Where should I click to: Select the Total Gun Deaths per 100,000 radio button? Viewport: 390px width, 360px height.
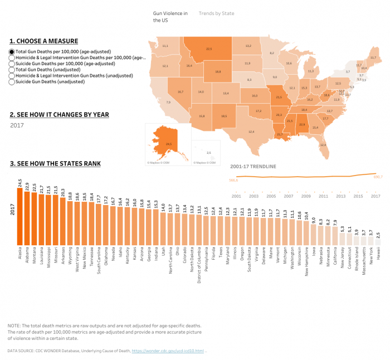pyautogui.click(x=12, y=51)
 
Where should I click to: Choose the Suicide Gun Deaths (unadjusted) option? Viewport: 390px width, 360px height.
pyautogui.click(x=12, y=82)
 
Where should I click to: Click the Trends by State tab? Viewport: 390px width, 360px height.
pyautogui.click(x=216, y=13)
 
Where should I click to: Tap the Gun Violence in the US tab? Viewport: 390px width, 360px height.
pyautogui.click(x=170, y=16)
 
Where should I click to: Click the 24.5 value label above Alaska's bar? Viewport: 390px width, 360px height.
pyautogui.click(x=20, y=182)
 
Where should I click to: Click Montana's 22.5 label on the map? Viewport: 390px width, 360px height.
pyautogui.click(x=209, y=49)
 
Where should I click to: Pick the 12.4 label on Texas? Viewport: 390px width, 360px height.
pyautogui.click(x=251, y=132)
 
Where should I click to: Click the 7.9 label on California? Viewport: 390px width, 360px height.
pyautogui.click(x=168, y=103)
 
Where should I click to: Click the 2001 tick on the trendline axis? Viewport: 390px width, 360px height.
pyautogui.click(x=236, y=197)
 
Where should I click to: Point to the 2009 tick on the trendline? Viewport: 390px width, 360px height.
pyautogui.click(x=306, y=197)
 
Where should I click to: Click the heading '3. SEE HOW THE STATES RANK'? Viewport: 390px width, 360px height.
pyautogui.click(x=55, y=163)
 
